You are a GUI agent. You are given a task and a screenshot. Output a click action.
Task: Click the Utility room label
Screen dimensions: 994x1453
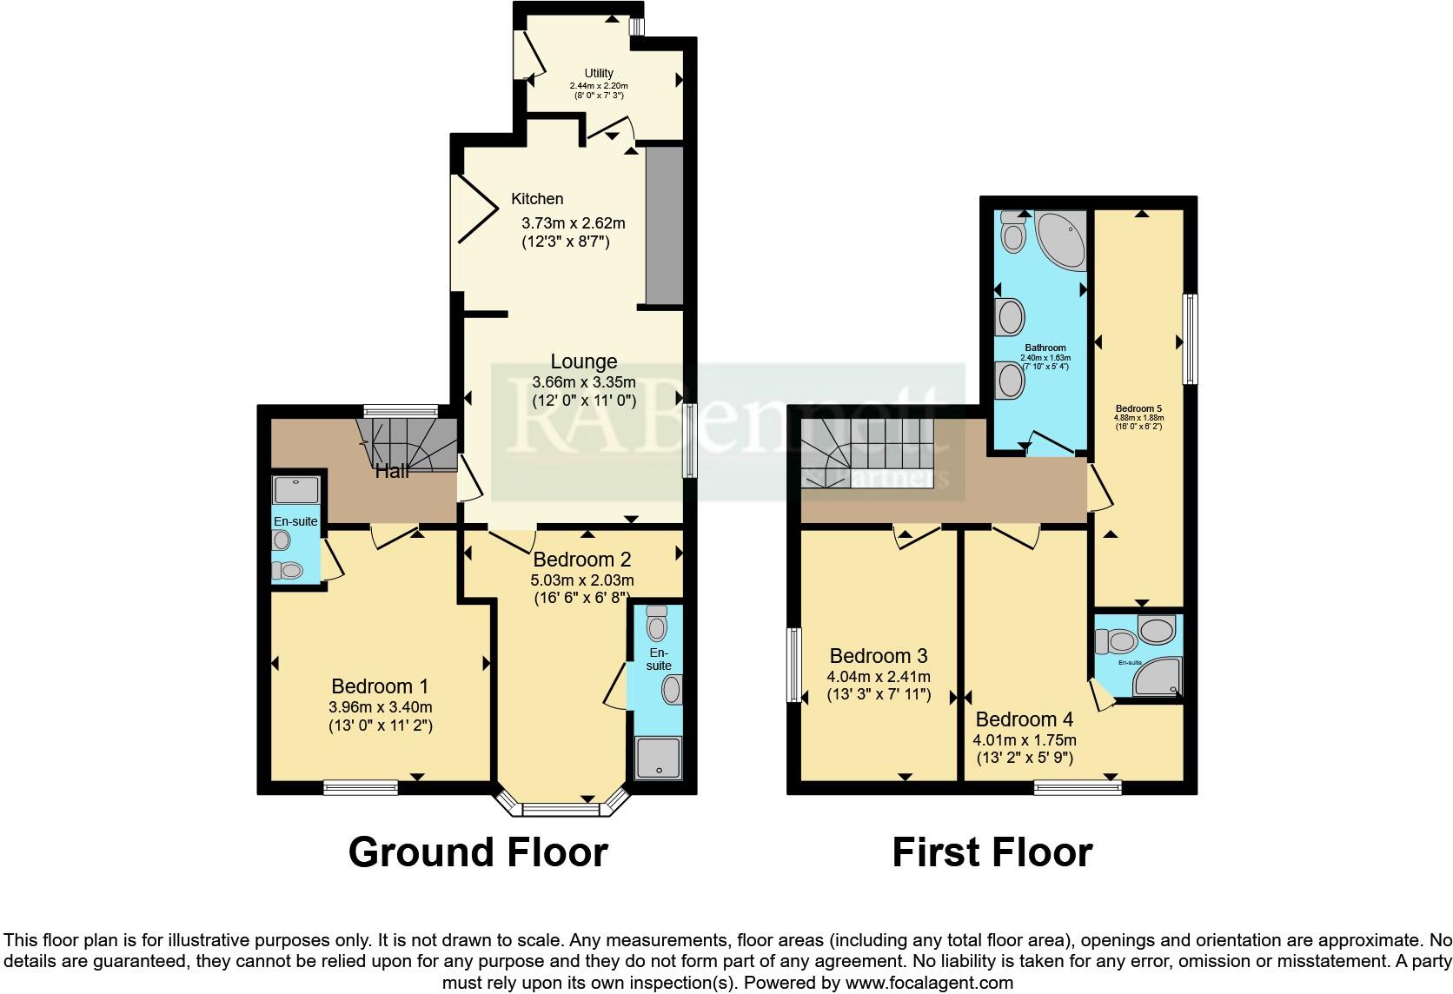pos(599,73)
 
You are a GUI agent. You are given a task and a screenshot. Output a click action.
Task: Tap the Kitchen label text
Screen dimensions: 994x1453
pos(537,199)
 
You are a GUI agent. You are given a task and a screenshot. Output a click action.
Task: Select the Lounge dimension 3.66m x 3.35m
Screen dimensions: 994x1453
pos(584,382)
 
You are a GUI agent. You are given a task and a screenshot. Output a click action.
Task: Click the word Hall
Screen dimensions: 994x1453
pos(393,472)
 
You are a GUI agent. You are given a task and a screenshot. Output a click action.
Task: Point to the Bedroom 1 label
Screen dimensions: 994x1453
pos(380,686)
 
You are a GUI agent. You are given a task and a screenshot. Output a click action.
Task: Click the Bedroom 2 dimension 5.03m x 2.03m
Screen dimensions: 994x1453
pos(582,580)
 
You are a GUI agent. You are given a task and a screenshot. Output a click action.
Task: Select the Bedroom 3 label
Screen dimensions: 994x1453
pos(879,656)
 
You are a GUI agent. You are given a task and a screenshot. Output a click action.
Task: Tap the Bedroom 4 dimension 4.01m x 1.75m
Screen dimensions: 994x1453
pos(1025,740)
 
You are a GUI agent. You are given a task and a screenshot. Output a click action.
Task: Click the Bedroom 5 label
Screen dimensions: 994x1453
pos(1138,408)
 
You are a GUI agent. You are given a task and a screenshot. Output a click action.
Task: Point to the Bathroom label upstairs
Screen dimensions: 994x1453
pos(1045,348)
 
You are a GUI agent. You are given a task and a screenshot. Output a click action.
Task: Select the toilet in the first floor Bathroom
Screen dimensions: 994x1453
pos(1012,231)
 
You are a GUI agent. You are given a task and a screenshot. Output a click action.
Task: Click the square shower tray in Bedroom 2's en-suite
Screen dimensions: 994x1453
pos(658,758)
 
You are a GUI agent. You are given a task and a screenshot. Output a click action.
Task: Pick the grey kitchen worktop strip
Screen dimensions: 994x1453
pos(664,226)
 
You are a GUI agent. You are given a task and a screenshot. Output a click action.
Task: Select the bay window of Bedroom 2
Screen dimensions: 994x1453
pos(561,808)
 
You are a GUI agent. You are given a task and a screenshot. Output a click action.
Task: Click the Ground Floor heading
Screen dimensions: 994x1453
pos(478,852)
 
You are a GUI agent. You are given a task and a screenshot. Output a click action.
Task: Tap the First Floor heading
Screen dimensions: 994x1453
pos(992,852)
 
